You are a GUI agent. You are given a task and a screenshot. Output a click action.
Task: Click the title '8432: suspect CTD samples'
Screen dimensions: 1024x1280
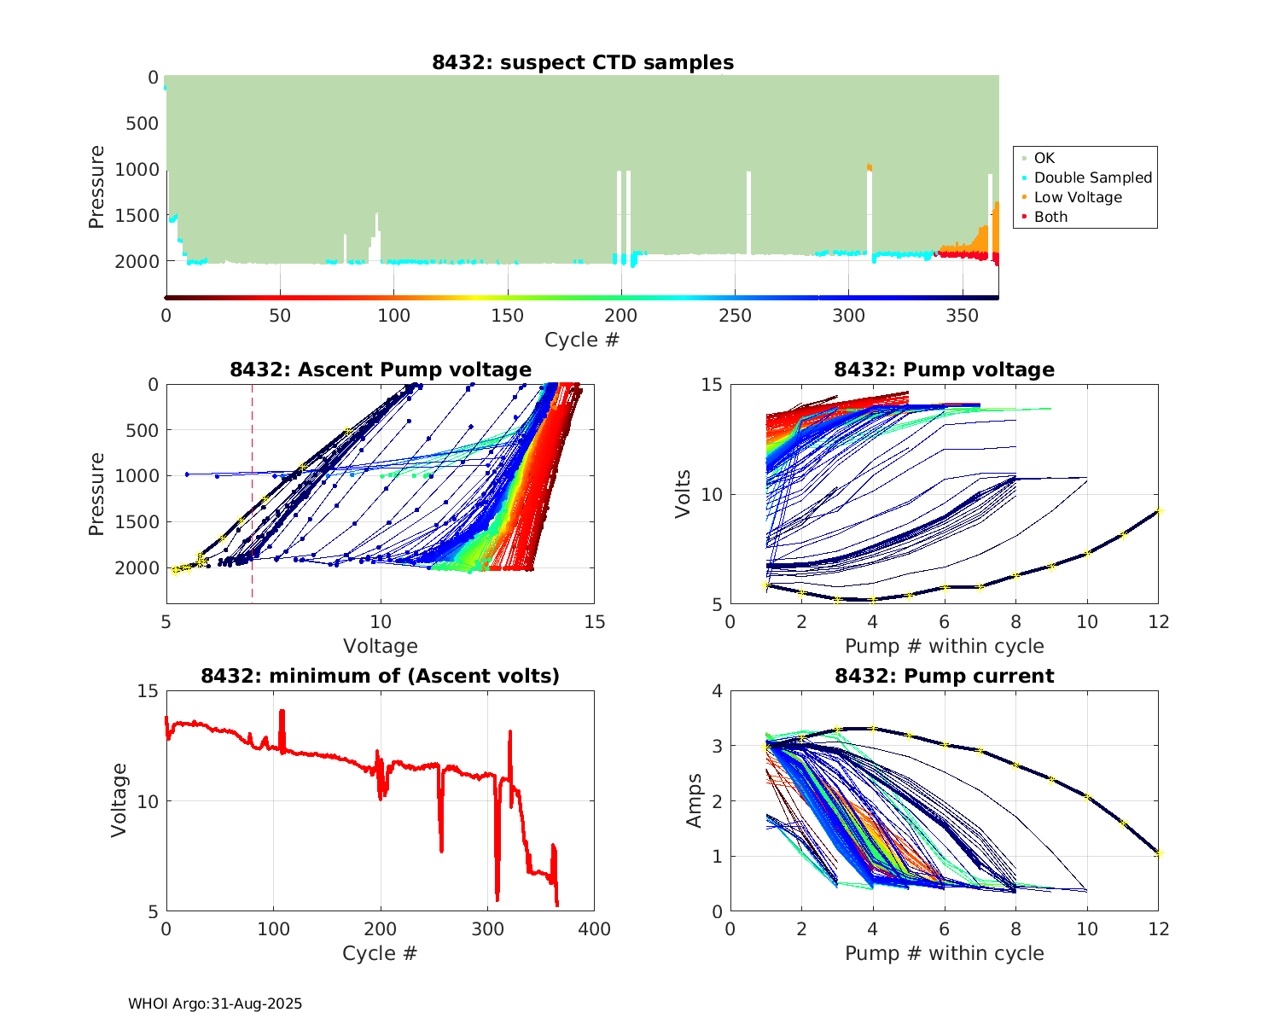583,62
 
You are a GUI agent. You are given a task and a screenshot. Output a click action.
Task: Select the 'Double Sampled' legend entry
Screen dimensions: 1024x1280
1092,177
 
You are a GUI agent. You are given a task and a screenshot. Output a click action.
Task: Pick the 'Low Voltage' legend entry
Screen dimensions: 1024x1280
1077,197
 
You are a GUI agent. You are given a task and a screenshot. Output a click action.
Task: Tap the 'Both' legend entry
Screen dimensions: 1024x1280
1050,217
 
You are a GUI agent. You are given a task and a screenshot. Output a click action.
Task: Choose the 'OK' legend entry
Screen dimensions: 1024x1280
1044,158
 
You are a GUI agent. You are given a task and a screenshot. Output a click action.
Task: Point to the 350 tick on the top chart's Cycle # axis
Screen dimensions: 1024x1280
963,316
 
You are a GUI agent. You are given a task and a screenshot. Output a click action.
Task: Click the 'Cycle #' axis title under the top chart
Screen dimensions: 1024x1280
582,340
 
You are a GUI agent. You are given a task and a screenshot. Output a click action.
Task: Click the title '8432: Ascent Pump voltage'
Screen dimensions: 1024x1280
381,369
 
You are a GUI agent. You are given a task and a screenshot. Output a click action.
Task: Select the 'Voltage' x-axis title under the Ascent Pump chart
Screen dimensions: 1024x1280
381,646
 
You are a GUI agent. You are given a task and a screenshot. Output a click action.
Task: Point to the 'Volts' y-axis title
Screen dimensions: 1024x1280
684,495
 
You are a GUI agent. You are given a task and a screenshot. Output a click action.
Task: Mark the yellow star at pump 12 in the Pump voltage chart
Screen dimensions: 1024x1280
1159,511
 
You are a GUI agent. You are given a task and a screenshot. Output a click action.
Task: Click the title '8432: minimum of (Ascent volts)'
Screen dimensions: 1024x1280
381,676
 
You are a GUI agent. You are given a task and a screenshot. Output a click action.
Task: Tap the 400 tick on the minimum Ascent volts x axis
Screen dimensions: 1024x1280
594,929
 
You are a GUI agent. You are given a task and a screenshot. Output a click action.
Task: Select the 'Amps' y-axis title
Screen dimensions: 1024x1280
695,800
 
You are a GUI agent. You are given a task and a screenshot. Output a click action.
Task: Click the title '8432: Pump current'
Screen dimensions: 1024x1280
945,676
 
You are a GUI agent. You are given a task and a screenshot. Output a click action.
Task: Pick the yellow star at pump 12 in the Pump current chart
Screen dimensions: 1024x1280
1159,852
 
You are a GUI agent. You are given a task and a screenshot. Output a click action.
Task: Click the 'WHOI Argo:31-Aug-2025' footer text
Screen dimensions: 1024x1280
215,1004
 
